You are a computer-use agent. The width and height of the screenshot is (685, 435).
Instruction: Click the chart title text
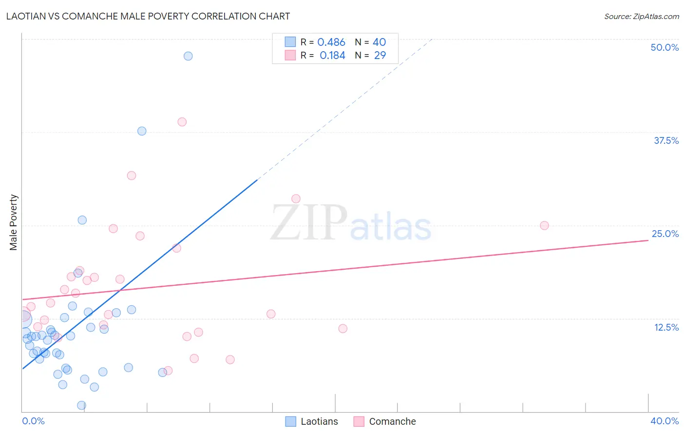click(148, 16)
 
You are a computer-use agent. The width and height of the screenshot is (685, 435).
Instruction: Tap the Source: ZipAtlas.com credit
click(641, 16)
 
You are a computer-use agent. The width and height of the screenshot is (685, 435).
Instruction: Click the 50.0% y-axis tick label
click(665, 47)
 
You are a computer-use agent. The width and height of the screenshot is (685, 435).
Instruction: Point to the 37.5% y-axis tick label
click(666, 140)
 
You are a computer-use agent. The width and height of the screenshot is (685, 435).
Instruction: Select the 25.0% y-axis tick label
click(665, 234)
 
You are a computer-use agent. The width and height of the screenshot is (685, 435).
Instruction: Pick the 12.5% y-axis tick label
click(666, 327)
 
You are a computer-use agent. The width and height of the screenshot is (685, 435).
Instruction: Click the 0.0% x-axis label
click(33, 421)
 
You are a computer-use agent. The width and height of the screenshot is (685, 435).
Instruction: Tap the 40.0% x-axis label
click(665, 421)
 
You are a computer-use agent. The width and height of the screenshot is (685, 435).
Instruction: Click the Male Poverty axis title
click(14, 222)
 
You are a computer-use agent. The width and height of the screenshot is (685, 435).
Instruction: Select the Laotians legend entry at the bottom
click(312, 421)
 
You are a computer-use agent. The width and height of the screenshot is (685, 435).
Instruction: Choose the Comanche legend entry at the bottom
click(385, 421)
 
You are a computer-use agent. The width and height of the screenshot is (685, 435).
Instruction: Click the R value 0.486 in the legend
click(331, 42)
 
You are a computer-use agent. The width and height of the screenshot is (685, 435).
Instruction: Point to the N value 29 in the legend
click(380, 56)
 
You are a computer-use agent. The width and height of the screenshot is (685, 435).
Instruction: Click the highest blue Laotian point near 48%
click(188, 56)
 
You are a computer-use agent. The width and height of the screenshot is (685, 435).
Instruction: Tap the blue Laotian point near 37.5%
click(142, 131)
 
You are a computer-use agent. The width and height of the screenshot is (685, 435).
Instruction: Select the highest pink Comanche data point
click(182, 122)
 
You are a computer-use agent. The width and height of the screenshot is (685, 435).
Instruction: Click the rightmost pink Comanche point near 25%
click(544, 226)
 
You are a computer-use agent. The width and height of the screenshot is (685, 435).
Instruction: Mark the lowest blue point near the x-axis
click(82, 405)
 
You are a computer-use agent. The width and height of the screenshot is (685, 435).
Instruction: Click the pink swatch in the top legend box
click(290, 55)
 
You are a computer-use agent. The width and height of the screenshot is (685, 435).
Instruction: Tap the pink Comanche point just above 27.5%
click(296, 198)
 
